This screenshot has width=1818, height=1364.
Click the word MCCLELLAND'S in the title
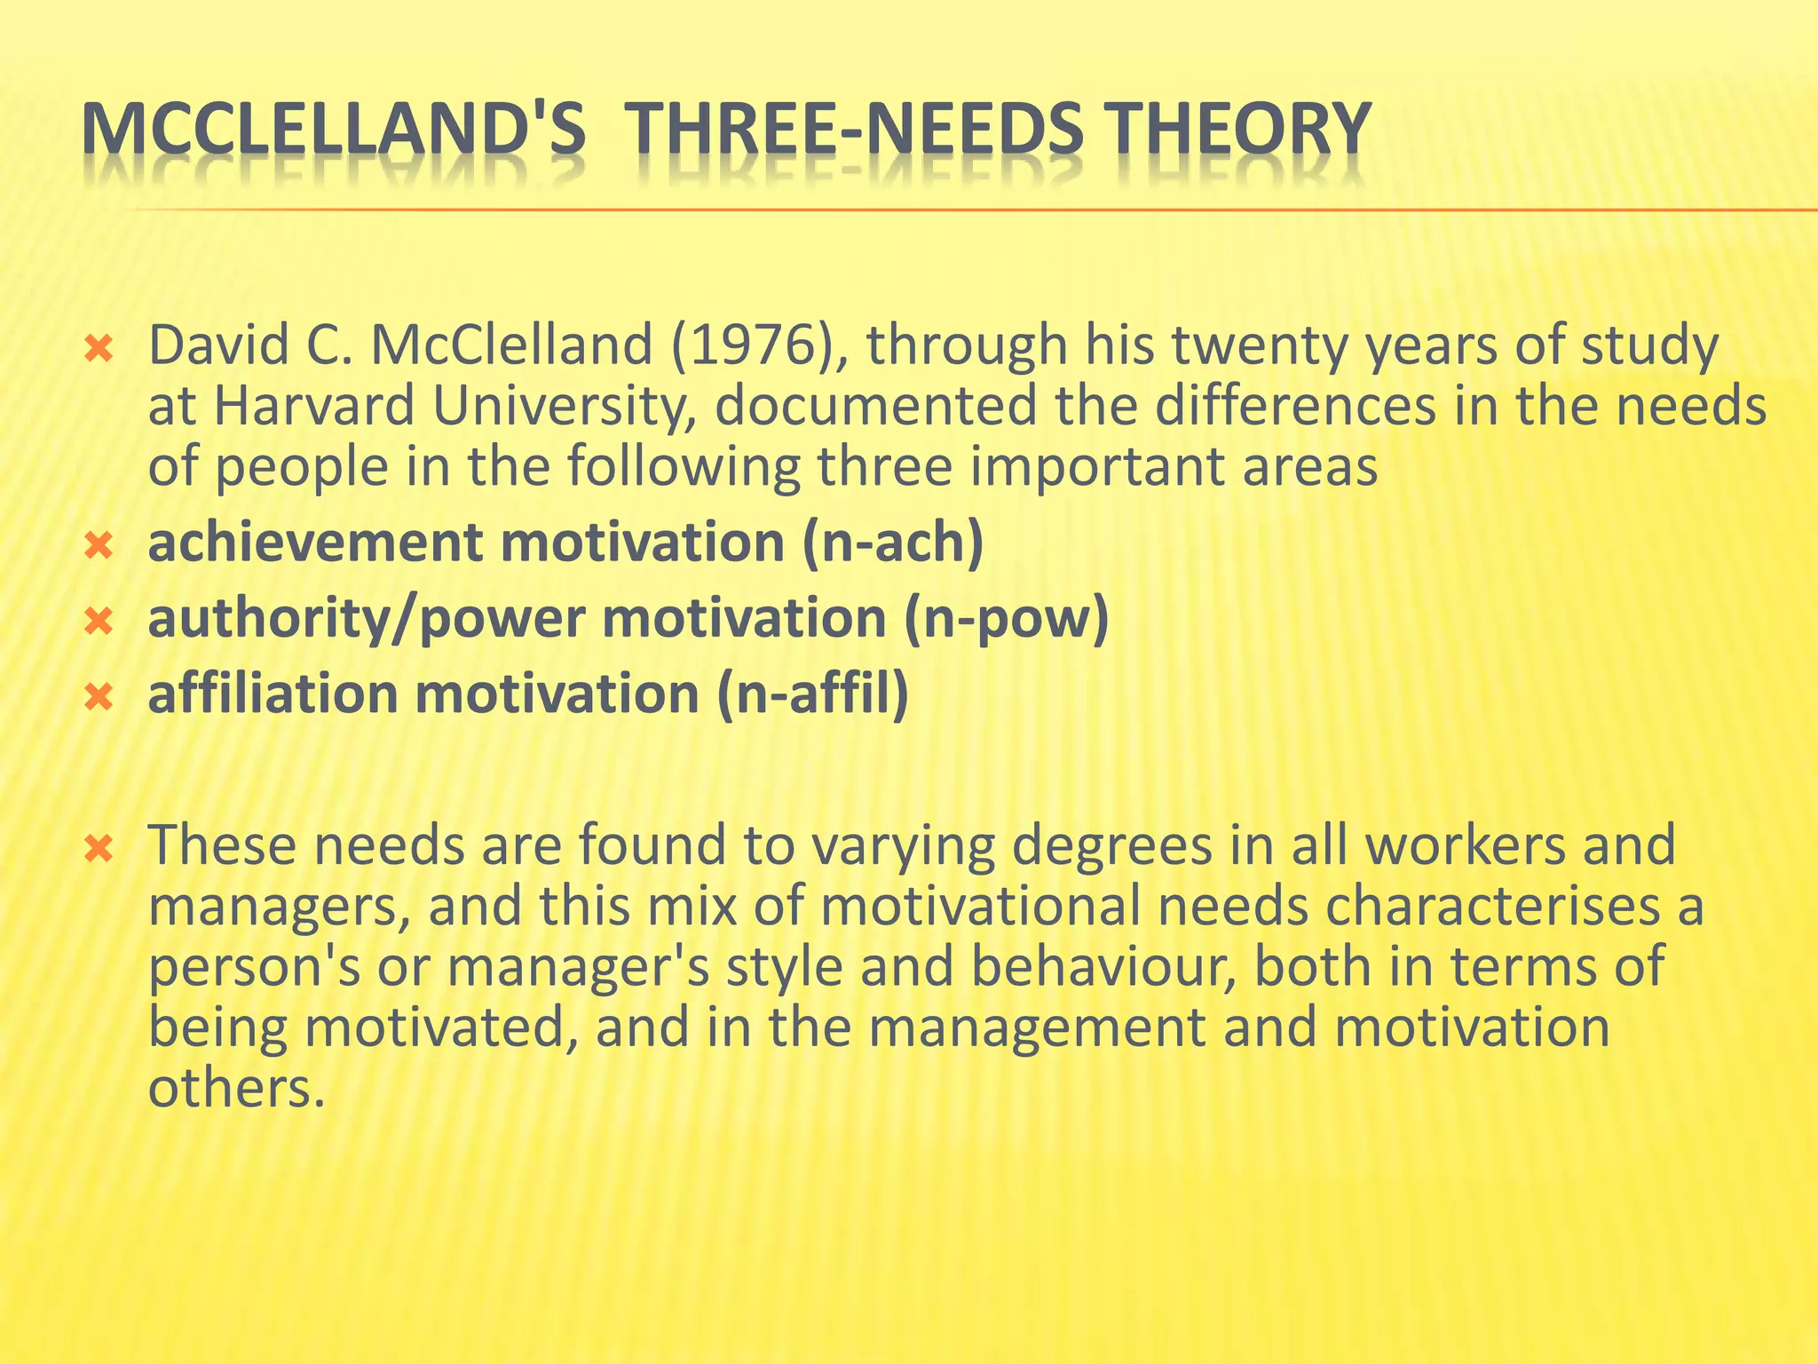[332, 130]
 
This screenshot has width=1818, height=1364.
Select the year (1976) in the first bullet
[757, 346]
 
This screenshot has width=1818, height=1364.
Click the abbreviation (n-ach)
[893, 543]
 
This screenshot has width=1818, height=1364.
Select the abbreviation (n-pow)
[1007, 618]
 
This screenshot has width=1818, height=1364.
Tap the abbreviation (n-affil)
[812, 694]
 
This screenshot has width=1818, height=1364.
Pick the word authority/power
[366, 618]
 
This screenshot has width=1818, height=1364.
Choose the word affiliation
[273, 694]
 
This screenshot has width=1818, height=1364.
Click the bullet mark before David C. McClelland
[99, 349]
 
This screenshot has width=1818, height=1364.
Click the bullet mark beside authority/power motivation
[99, 621]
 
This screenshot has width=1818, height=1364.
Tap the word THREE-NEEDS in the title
[854, 130]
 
